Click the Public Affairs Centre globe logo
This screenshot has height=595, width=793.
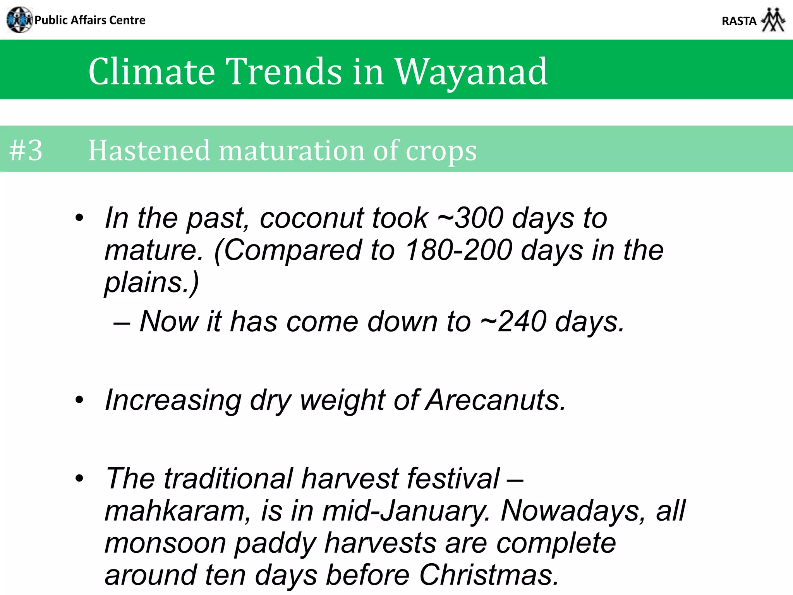[19, 20]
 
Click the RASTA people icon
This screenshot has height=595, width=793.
[773, 20]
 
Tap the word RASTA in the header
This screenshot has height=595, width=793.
[739, 21]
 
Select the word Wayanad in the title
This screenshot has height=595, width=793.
[470, 72]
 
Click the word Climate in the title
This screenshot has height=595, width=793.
[151, 72]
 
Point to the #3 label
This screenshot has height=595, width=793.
[26, 150]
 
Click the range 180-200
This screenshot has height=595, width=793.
[459, 250]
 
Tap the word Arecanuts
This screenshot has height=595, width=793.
[496, 400]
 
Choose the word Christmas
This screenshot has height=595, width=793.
[489, 575]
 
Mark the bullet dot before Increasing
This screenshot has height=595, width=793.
[79, 400]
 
